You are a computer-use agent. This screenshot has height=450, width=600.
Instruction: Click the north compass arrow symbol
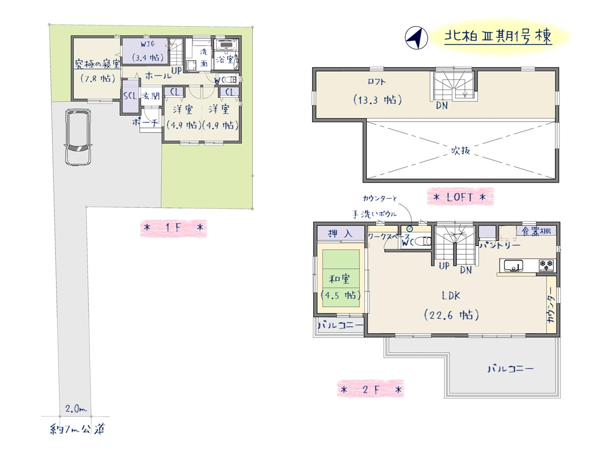(x=416, y=38)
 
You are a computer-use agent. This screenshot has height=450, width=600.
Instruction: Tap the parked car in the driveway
(x=78, y=137)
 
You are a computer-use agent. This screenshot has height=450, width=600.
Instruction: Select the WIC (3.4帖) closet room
(x=144, y=51)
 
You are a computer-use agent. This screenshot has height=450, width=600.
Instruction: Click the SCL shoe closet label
(x=130, y=96)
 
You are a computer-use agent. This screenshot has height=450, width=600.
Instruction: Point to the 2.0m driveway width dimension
(x=75, y=408)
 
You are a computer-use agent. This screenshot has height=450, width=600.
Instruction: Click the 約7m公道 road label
(x=77, y=429)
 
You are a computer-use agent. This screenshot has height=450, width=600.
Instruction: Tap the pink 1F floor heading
(x=173, y=228)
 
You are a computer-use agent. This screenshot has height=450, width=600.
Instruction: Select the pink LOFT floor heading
(x=460, y=197)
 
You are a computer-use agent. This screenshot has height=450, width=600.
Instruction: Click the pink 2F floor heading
(x=370, y=389)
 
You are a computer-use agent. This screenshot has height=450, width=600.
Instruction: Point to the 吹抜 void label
(x=460, y=150)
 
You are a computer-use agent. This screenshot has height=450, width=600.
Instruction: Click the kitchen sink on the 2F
(x=513, y=265)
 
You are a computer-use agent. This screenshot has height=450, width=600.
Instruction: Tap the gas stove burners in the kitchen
(x=546, y=265)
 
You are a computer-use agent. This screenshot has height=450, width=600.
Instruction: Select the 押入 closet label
(x=340, y=233)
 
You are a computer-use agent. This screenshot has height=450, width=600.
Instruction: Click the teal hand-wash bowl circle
(x=409, y=228)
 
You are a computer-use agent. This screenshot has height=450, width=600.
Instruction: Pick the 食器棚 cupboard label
(x=536, y=231)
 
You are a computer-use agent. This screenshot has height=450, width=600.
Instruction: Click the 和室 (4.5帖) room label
(x=340, y=287)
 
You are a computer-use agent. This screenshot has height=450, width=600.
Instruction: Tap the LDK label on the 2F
(x=451, y=295)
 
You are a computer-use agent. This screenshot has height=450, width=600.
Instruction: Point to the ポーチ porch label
(x=145, y=122)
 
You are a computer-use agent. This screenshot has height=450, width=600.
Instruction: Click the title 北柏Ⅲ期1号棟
(x=498, y=37)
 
